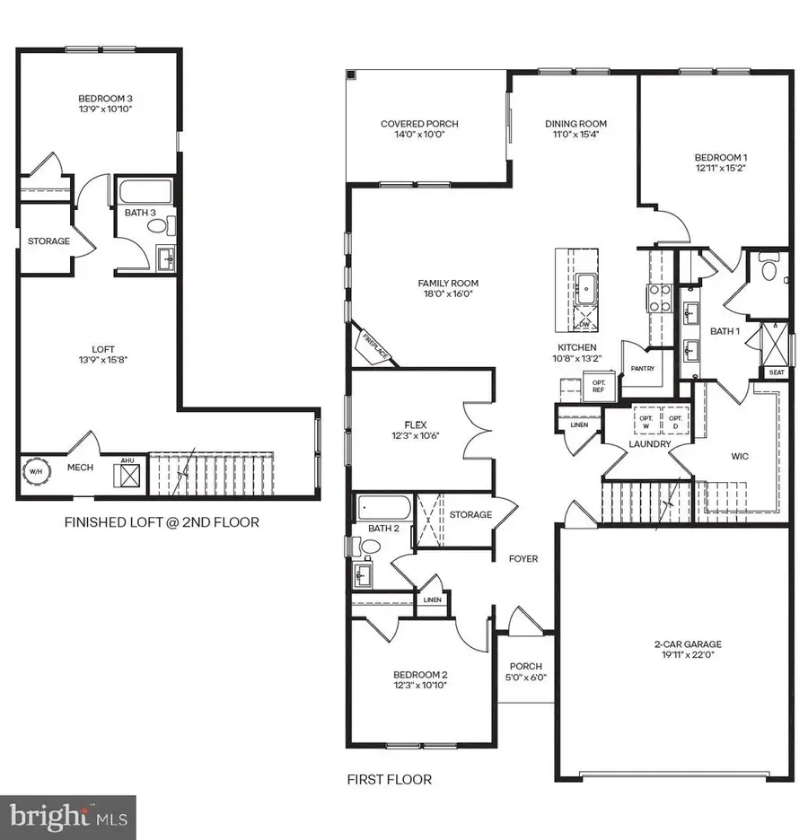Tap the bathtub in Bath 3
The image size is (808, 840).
point(145,193)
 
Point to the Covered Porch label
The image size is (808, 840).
point(413,124)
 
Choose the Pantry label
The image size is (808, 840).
point(642,368)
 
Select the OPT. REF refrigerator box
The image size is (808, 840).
point(598,386)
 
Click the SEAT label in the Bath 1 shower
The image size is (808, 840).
point(775,372)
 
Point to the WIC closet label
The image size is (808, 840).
point(740,456)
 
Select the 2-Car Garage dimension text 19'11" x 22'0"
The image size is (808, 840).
point(688,656)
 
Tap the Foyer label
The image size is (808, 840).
point(523,559)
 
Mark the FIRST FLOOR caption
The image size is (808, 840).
point(389,779)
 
